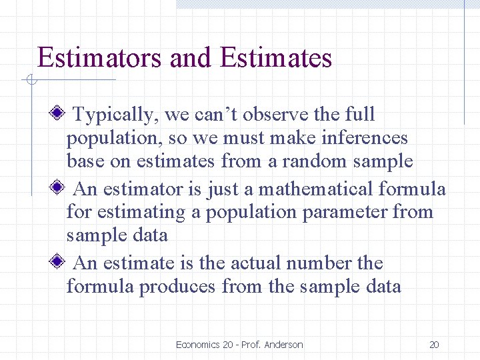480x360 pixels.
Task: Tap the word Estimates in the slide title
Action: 275,58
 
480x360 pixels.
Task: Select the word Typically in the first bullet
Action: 113,115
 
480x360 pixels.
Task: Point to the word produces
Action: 177,287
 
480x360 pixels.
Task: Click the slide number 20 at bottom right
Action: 434,345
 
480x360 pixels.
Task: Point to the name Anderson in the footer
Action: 283,345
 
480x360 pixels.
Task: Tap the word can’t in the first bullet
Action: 216,115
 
